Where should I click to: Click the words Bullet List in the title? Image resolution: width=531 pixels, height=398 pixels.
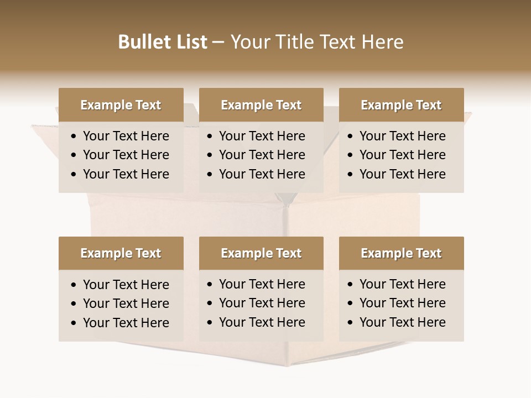163,42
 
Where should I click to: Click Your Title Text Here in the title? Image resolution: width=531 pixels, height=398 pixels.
317,42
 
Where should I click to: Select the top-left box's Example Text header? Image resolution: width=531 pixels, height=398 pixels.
121,105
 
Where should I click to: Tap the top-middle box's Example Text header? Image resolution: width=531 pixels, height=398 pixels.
261,105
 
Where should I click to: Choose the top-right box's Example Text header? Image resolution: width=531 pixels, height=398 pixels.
401,105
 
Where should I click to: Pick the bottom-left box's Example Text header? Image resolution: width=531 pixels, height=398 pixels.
121,253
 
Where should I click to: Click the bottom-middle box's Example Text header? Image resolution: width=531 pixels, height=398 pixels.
261,253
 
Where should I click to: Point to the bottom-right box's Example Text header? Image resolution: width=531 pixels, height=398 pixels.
401,253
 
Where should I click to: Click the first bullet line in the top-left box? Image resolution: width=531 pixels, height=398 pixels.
126,136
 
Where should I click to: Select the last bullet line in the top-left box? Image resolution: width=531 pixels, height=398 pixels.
126,174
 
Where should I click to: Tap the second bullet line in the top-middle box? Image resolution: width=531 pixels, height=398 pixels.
262,155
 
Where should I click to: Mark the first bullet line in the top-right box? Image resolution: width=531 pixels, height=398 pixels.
402,136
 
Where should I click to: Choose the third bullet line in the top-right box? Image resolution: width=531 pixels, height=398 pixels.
402,174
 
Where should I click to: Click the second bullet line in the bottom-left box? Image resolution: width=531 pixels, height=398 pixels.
126,303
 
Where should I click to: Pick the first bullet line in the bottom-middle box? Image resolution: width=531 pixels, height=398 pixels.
262,284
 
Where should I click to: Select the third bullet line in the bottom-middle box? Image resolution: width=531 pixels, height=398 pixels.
262,322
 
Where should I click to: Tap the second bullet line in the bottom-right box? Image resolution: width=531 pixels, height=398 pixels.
402,303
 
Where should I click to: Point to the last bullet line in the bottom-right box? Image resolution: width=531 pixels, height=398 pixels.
402,322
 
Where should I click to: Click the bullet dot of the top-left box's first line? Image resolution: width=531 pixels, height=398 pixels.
74,137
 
